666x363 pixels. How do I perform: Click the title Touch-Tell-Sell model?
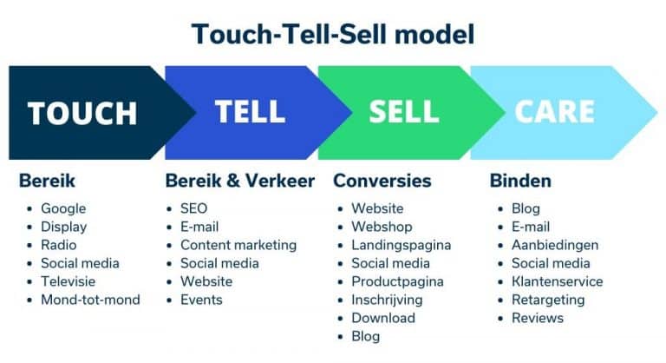coord(333,34)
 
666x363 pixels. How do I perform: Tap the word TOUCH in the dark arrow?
coord(82,113)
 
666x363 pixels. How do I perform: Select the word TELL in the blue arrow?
coord(250,111)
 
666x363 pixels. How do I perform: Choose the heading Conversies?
coord(382,181)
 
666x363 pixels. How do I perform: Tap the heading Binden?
coord(520,181)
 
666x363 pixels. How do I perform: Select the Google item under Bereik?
coord(63,208)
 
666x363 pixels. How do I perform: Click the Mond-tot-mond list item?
coord(90,300)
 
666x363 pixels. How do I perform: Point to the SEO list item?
coord(193,208)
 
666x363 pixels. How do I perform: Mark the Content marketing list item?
coord(238,245)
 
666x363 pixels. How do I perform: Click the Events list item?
coord(201,300)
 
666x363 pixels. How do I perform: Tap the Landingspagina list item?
coord(401,245)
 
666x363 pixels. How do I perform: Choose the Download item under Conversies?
coord(382,318)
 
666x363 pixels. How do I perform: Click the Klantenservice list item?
coord(557,281)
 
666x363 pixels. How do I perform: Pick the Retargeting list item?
coord(549,300)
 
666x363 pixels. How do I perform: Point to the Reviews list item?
coord(537,318)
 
